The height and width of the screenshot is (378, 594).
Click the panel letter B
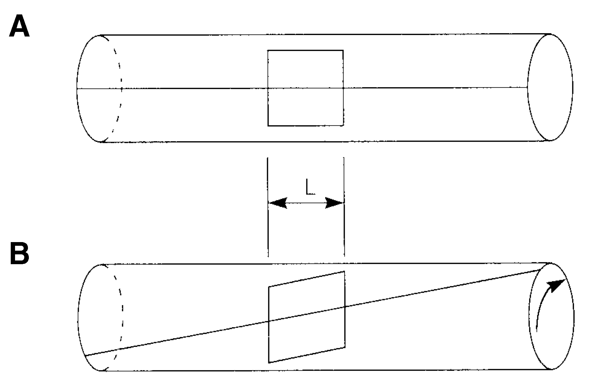click(x=20, y=253)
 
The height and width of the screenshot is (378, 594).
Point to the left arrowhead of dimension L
click(x=278, y=203)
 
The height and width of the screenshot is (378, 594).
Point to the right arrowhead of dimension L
click(x=334, y=203)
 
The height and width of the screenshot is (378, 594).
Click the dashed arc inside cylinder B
click(x=122, y=318)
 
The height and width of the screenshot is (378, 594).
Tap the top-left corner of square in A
click(x=268, y=50)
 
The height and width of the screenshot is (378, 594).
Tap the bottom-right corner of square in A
click(x=343, y=125)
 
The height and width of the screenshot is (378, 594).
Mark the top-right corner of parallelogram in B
click(x=344, y=271)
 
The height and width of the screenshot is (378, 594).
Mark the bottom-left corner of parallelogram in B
click(x=269, y=363)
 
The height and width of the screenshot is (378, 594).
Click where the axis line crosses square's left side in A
click(x=268, y=88)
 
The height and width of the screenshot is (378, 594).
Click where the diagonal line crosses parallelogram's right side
click(x=344, y=307)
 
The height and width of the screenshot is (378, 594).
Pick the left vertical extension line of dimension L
click(x=268, y=207)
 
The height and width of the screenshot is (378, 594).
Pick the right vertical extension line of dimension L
click(x=344, y=207)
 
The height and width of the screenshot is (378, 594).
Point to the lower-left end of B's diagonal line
click(x=85, y=356)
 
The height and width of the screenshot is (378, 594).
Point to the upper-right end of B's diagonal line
click(x=542, y=270)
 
